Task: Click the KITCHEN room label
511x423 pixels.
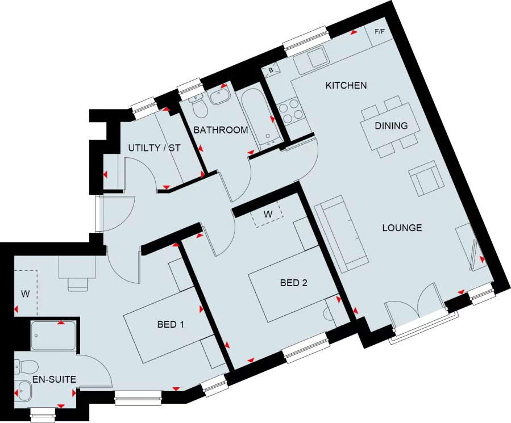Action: click(346, 86)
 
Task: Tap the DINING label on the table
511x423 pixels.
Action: click(390, 125)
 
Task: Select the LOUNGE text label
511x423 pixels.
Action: click(402, 228)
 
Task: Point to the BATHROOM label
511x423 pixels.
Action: click(221, 130)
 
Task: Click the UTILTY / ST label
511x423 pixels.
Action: click(154, 148)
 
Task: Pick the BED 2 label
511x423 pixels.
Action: click(293, 282)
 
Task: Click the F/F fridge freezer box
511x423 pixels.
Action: click(379, 31)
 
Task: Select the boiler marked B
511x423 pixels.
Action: click(271, 70)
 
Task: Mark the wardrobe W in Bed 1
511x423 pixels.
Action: click(25, 294)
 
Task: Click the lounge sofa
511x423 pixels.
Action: click(340, 232)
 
